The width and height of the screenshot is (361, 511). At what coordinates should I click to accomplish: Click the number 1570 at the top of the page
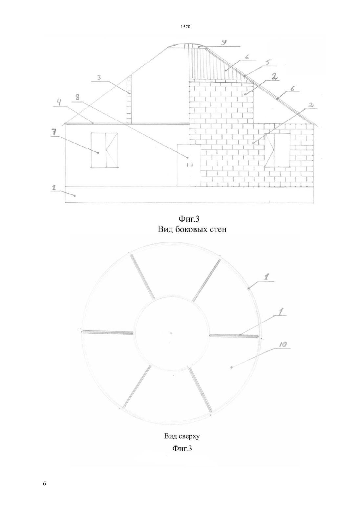pos(185,27)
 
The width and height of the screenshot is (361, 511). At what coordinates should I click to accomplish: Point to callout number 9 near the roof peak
pos(224,42)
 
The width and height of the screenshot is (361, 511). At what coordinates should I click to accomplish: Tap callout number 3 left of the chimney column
pos(99,78)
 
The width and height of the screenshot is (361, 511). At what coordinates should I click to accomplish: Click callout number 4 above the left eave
pos(59,102)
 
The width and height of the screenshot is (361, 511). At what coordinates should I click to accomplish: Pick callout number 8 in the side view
pos(78,98)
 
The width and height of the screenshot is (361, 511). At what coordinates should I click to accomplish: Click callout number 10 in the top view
pos(283,344)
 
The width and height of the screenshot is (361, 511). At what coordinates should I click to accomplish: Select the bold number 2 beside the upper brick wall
pos(274,77)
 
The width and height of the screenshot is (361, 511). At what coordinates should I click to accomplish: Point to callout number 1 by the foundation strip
pos(54,188)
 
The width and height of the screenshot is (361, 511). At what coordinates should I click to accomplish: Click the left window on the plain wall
pos(104,150)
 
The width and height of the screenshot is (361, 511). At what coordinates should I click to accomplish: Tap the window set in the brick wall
pos(277,150)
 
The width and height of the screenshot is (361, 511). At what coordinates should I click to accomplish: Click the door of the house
pos(189,165)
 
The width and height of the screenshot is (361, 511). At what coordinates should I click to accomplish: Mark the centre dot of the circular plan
pos(171,334)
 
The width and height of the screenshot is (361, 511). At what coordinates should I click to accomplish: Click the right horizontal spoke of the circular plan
pos(234,335)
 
